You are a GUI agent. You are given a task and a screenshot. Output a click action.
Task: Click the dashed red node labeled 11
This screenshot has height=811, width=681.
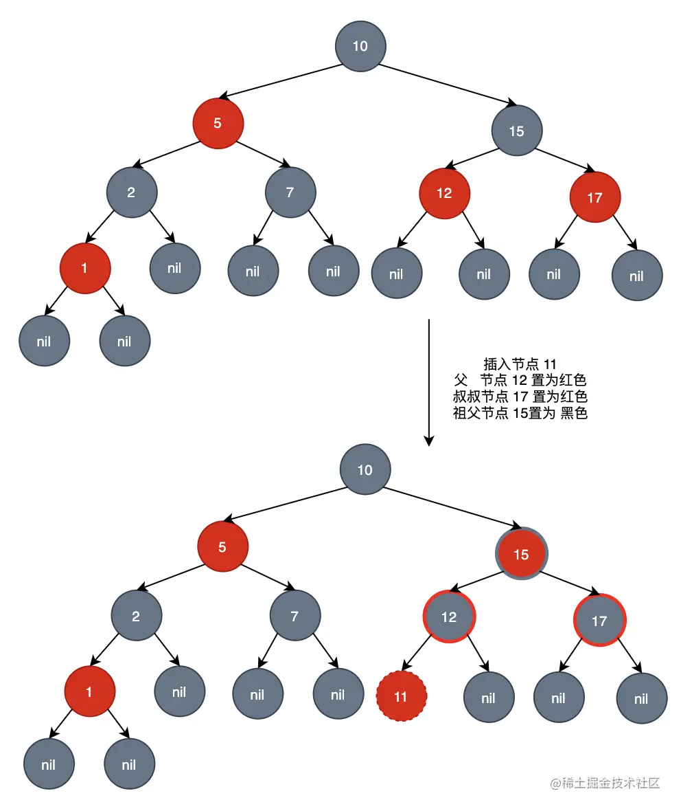tap(402, 696)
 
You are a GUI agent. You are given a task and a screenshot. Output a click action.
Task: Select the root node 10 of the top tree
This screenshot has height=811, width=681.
tap(360, 46)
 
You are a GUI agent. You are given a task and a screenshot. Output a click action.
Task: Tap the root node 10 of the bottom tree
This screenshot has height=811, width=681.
tap(365, 470)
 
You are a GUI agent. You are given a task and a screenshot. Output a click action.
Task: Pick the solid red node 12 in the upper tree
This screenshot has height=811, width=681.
tap(445, 193)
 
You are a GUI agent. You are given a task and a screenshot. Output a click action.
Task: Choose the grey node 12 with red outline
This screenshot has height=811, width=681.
tap(449, 616)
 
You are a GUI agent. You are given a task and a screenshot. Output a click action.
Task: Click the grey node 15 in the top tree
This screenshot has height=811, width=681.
tap(517, 131)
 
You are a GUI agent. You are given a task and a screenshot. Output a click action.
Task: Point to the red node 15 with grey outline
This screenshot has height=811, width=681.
tap(522, 554)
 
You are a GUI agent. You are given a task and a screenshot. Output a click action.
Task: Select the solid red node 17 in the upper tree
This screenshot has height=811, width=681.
tap(595, 198)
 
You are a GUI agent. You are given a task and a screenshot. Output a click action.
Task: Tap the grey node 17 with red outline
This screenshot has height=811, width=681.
tap(599, 621)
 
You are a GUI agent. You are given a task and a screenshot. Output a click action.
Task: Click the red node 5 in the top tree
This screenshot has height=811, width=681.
tap(218, 124)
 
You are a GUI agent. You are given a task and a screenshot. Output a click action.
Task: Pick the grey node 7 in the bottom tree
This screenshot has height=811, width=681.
tap(295, 616)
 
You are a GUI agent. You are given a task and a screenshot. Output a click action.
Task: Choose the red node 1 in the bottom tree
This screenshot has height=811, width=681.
tap(89, 692)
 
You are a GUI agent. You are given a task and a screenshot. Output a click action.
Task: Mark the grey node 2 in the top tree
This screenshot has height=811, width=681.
tap(131, 192)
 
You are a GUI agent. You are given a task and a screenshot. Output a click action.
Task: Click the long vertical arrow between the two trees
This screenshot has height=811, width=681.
tap(428, 381)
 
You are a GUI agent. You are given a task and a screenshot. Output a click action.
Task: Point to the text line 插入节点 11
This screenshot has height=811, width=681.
tap(520, 364)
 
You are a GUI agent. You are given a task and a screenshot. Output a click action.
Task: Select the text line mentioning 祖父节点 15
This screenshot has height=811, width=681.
tap(520, 414)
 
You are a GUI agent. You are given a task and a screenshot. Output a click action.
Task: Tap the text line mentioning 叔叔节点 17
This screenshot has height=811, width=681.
tap(520, 397)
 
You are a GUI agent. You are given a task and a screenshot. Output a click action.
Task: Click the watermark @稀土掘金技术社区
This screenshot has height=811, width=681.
tap(604, 784)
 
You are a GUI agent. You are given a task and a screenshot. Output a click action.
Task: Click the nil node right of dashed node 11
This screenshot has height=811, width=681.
tap(488, 698)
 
